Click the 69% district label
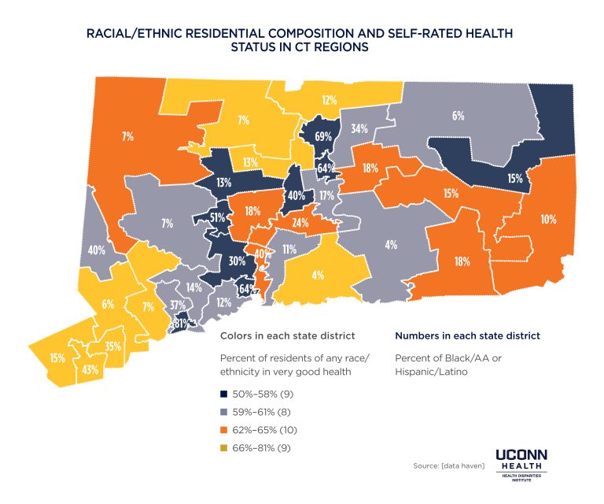click(x=322, y=136)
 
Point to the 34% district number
click(x=359, y=129)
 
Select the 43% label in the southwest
click(x=90, y=369)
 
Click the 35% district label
click(x=112, y=346)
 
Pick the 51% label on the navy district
click(x=218, y=217)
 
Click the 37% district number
click(x=178, y=306)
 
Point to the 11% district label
click(x=289, y=250)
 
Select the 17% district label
click(x=327, y=195)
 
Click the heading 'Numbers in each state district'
click(x=466, y=335)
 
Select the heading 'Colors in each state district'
click(x=286, y=335)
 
